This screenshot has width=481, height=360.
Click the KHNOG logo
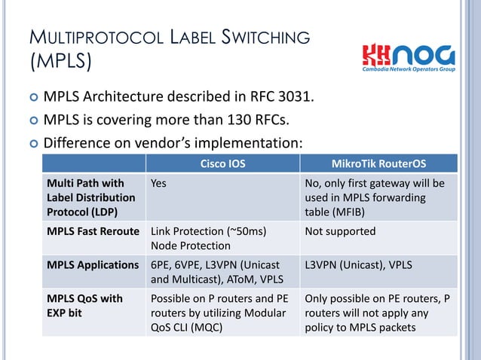tap(409, 56)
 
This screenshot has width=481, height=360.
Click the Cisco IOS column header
tap(222, 163)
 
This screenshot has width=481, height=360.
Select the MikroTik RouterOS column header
tap(378, 163)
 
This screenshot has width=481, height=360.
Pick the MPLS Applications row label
tap(93, 265)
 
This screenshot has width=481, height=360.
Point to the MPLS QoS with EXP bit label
tap(84, 306)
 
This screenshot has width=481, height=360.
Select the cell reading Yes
tap(158, 183)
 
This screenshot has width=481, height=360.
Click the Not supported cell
tap(339, 231)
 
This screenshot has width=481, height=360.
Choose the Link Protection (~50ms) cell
tap(209, 231)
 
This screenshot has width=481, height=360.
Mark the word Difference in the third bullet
tap(80, 142)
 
